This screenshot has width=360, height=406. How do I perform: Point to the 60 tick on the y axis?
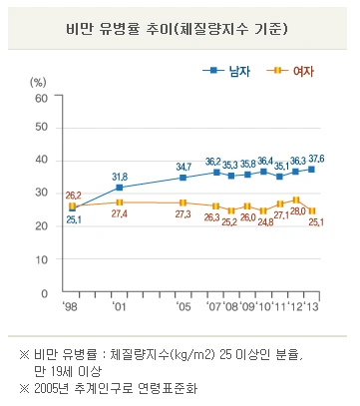click(41, 98)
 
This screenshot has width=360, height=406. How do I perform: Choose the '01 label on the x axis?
click(119, 306)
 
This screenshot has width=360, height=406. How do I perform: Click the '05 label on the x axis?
click(183, 306)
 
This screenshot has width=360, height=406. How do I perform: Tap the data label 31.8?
click(119, 176)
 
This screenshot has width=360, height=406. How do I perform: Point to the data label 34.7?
click(183, 166)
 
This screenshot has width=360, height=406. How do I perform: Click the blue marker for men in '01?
click(119, 188)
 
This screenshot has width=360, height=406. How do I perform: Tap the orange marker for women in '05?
click(182, 203)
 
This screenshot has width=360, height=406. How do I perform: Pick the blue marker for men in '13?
click(311, 170)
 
